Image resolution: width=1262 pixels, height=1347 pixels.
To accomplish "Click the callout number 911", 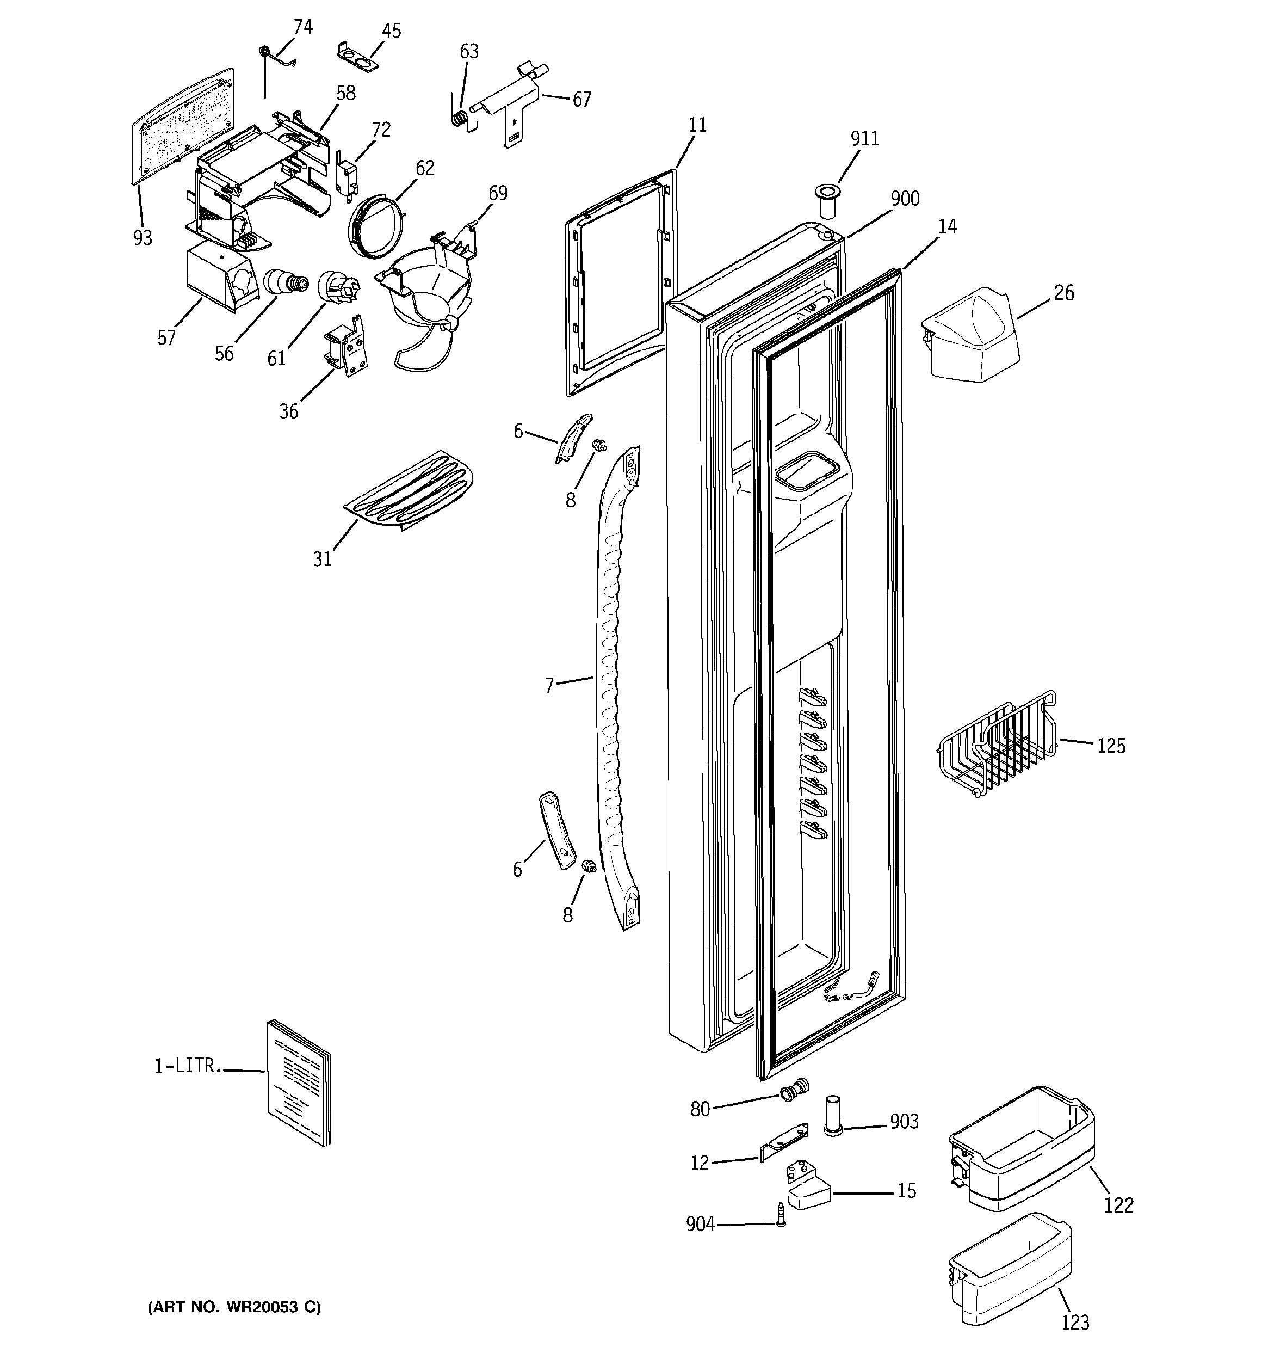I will click(864, 139).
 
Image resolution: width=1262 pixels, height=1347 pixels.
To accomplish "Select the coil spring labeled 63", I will click(459, 119).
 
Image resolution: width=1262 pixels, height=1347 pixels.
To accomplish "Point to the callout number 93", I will click(143, 238).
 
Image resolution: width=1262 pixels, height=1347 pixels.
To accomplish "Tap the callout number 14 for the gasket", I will click(947, 227).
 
